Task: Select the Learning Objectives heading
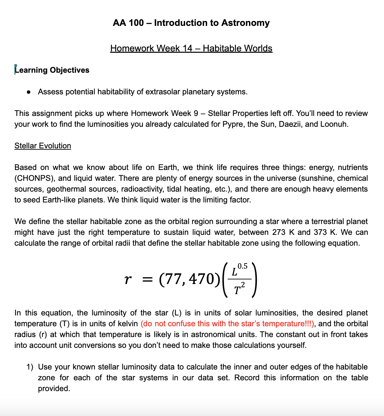52,70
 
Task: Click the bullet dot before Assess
29,92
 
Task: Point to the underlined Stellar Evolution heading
43,146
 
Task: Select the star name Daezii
290,124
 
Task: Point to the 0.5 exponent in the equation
242,266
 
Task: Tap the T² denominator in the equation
239,290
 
